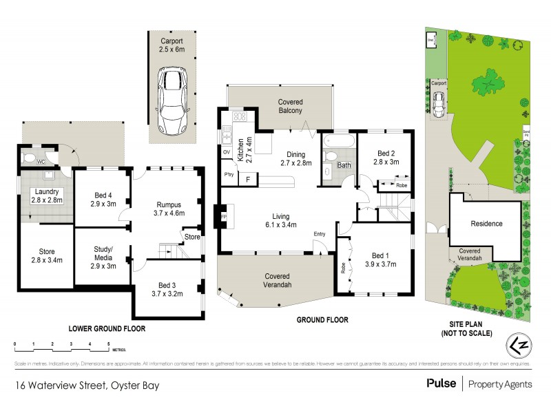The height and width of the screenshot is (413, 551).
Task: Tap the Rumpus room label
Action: coord(168,207)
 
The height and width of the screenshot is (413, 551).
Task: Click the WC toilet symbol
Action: coord(30,158)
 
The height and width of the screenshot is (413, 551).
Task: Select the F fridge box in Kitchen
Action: coord(248,179)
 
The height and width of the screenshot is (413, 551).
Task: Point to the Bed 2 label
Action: coord(386,158)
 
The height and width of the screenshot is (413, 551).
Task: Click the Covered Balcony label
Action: coord(290,106)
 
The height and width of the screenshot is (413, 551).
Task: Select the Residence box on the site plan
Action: coord(486,224)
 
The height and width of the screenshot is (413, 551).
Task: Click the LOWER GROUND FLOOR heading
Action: coord(107,329)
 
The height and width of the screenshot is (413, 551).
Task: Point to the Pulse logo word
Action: coord(441,383)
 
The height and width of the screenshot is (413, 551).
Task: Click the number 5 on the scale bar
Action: coord(108,343)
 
